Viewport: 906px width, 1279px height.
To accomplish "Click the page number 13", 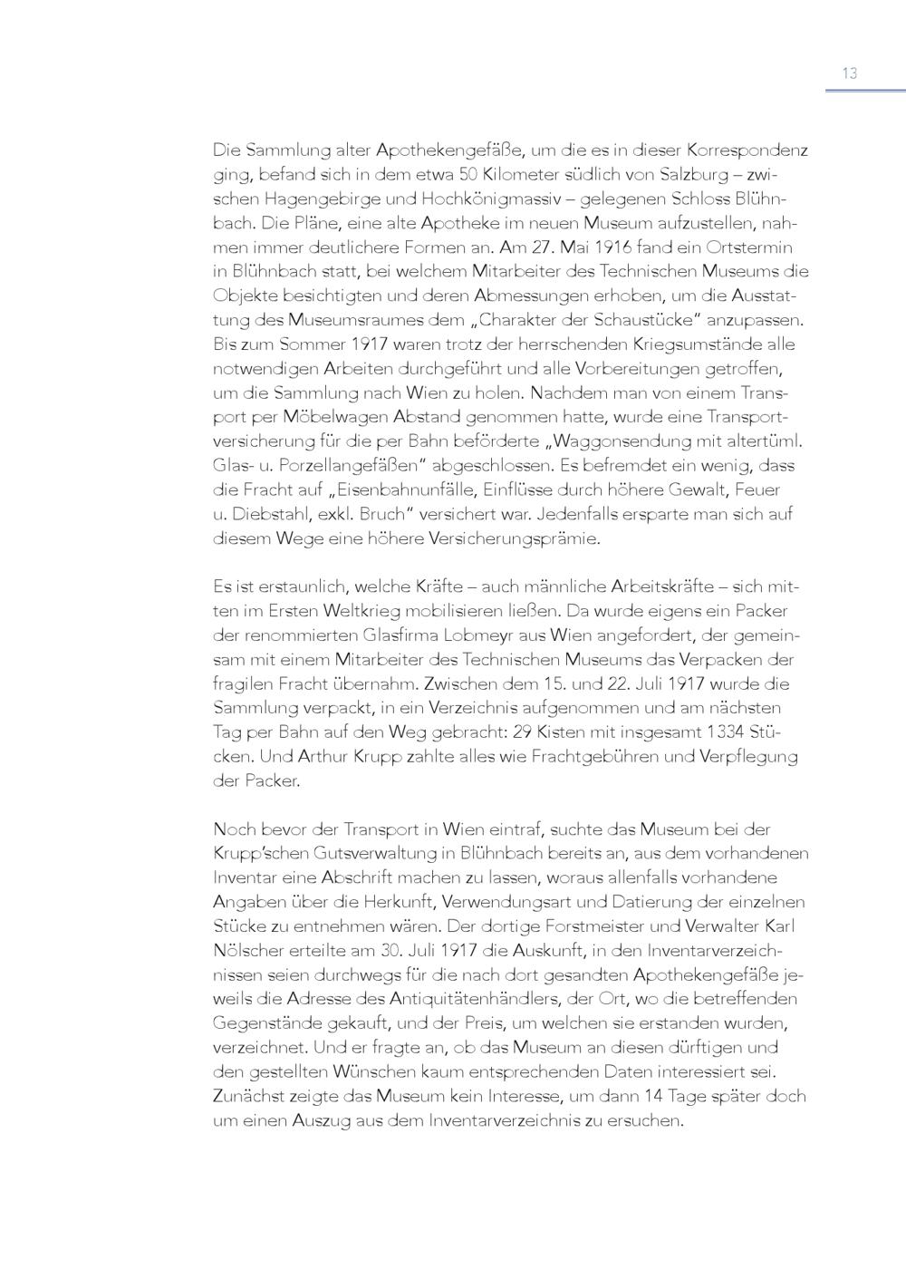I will coord(849,73).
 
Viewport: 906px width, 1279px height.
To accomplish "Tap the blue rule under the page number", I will coord(864,91).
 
